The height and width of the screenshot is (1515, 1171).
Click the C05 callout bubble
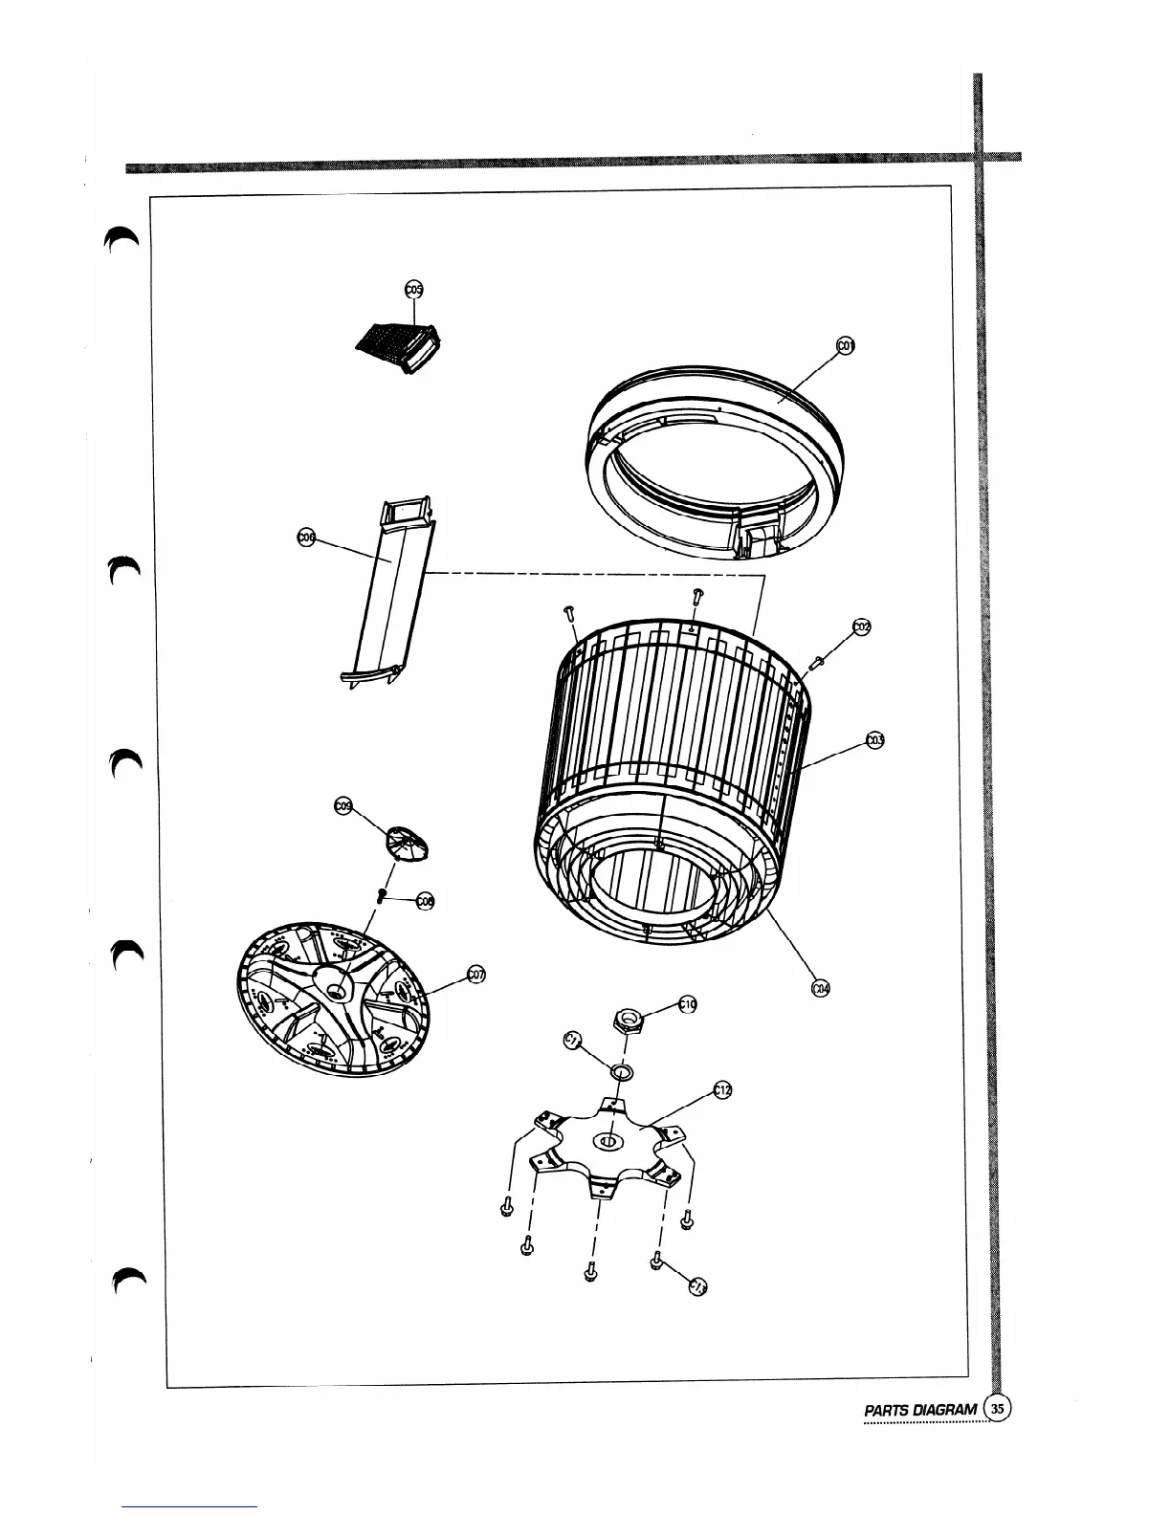pyautogui.click(x=414, y=289)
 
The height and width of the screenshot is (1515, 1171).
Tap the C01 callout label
pyautogui.click(x=845, y=346)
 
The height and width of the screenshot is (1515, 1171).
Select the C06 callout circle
pyautogui.click(x=307, y=538)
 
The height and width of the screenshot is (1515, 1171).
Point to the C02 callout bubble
pyautogui.click(x=861, y=626)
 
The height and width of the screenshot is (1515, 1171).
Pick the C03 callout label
pyautogui.click(x=873, y=739)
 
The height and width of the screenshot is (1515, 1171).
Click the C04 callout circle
pyautogui.click(x=820, y=988)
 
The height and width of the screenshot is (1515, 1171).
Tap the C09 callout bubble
pyautogui.click(x=342, y=807)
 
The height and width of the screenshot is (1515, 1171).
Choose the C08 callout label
pyautogui.click(x=426, y=900)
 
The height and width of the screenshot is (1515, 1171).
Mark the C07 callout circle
pyautogui.click(x=475, y=975)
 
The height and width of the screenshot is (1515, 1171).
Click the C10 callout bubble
pyautogui.click(x=687, y=1004)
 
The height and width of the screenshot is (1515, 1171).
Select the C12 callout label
pyautogui.click(x=722, y=1090)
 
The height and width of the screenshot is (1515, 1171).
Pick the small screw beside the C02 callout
pyautogui.click(x=817, y=661)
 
